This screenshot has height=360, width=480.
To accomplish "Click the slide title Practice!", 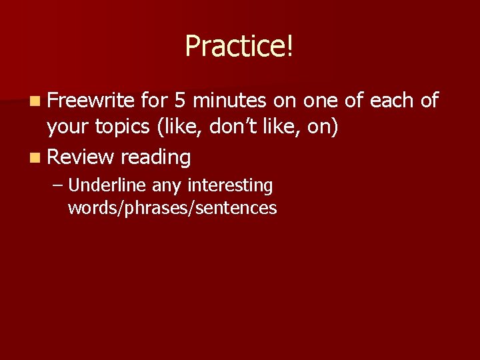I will (239, 46).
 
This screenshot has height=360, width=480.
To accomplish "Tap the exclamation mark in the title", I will (289, 46).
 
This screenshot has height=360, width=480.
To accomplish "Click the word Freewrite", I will (92, 101).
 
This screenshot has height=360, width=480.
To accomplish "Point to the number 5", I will (179, 101).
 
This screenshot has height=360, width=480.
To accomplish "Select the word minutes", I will (230, 101).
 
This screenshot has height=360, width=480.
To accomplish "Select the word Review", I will (81, 157).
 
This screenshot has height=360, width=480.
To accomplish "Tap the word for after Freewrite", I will (154, 101).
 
